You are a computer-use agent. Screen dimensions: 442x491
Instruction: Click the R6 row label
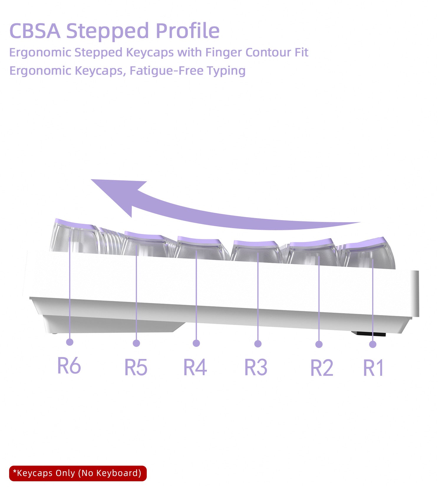pos(69,365)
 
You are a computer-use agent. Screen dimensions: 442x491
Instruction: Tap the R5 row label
pos(136,367)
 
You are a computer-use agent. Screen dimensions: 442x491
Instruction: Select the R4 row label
pos(195,367)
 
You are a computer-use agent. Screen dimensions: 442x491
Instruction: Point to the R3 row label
pos(256,367)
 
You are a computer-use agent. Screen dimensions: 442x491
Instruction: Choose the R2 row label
pos(322,368)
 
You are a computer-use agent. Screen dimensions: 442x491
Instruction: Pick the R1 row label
pos(373,368)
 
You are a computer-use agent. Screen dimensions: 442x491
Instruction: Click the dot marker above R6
pos(70,342)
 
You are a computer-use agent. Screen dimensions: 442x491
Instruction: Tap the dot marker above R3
pos(258,344)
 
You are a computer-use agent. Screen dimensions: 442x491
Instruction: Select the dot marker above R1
pos(373,344)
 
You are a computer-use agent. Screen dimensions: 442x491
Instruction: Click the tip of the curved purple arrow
pos(91,179)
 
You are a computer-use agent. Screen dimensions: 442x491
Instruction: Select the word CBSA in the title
pos(35,31)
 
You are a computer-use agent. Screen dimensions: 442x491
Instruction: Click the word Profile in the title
pos(187,31)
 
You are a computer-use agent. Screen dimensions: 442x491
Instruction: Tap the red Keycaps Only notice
pos(78,473)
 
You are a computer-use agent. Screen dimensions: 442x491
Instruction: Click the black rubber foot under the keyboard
pos(368,333)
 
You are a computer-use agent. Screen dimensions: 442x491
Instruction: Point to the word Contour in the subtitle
pos(268,52)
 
